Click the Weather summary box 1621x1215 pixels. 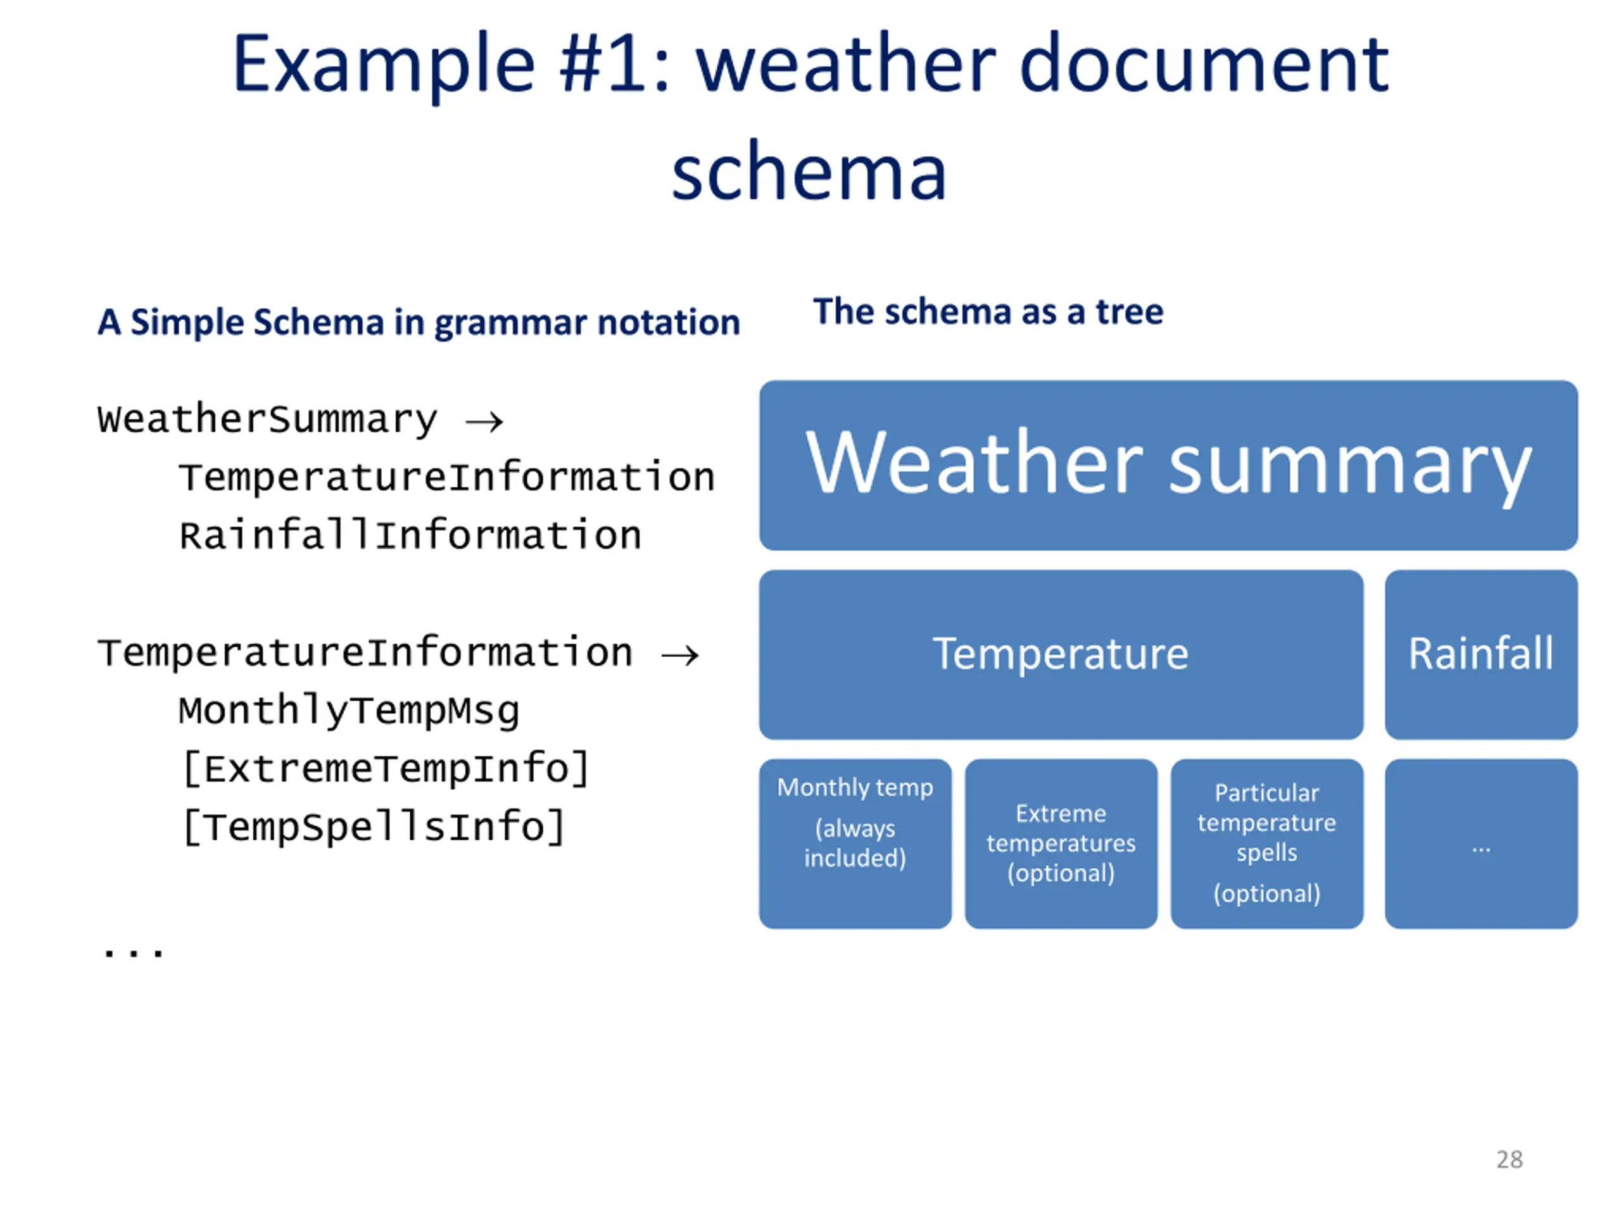[1168, 465]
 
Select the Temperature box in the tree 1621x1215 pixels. [1061, 654]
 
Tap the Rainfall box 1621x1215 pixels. [1480, 654]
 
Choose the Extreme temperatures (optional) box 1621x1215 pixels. [1061, 843]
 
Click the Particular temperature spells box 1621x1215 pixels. [1266, 843]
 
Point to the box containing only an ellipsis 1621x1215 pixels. [1480, 843]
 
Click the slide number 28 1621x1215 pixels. [1509, 1159]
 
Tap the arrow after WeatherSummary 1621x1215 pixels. [484, 421]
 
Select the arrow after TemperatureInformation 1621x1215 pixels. [680, 654]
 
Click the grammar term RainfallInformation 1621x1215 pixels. [410, 535]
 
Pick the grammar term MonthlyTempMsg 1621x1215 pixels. [349, 711]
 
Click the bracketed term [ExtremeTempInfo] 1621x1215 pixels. [386, 769]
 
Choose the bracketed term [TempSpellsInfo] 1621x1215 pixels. [374, 827]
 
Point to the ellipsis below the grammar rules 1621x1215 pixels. [134, 951]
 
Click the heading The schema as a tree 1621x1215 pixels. [988, 312]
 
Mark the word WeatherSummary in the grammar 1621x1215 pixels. [267, 420]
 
